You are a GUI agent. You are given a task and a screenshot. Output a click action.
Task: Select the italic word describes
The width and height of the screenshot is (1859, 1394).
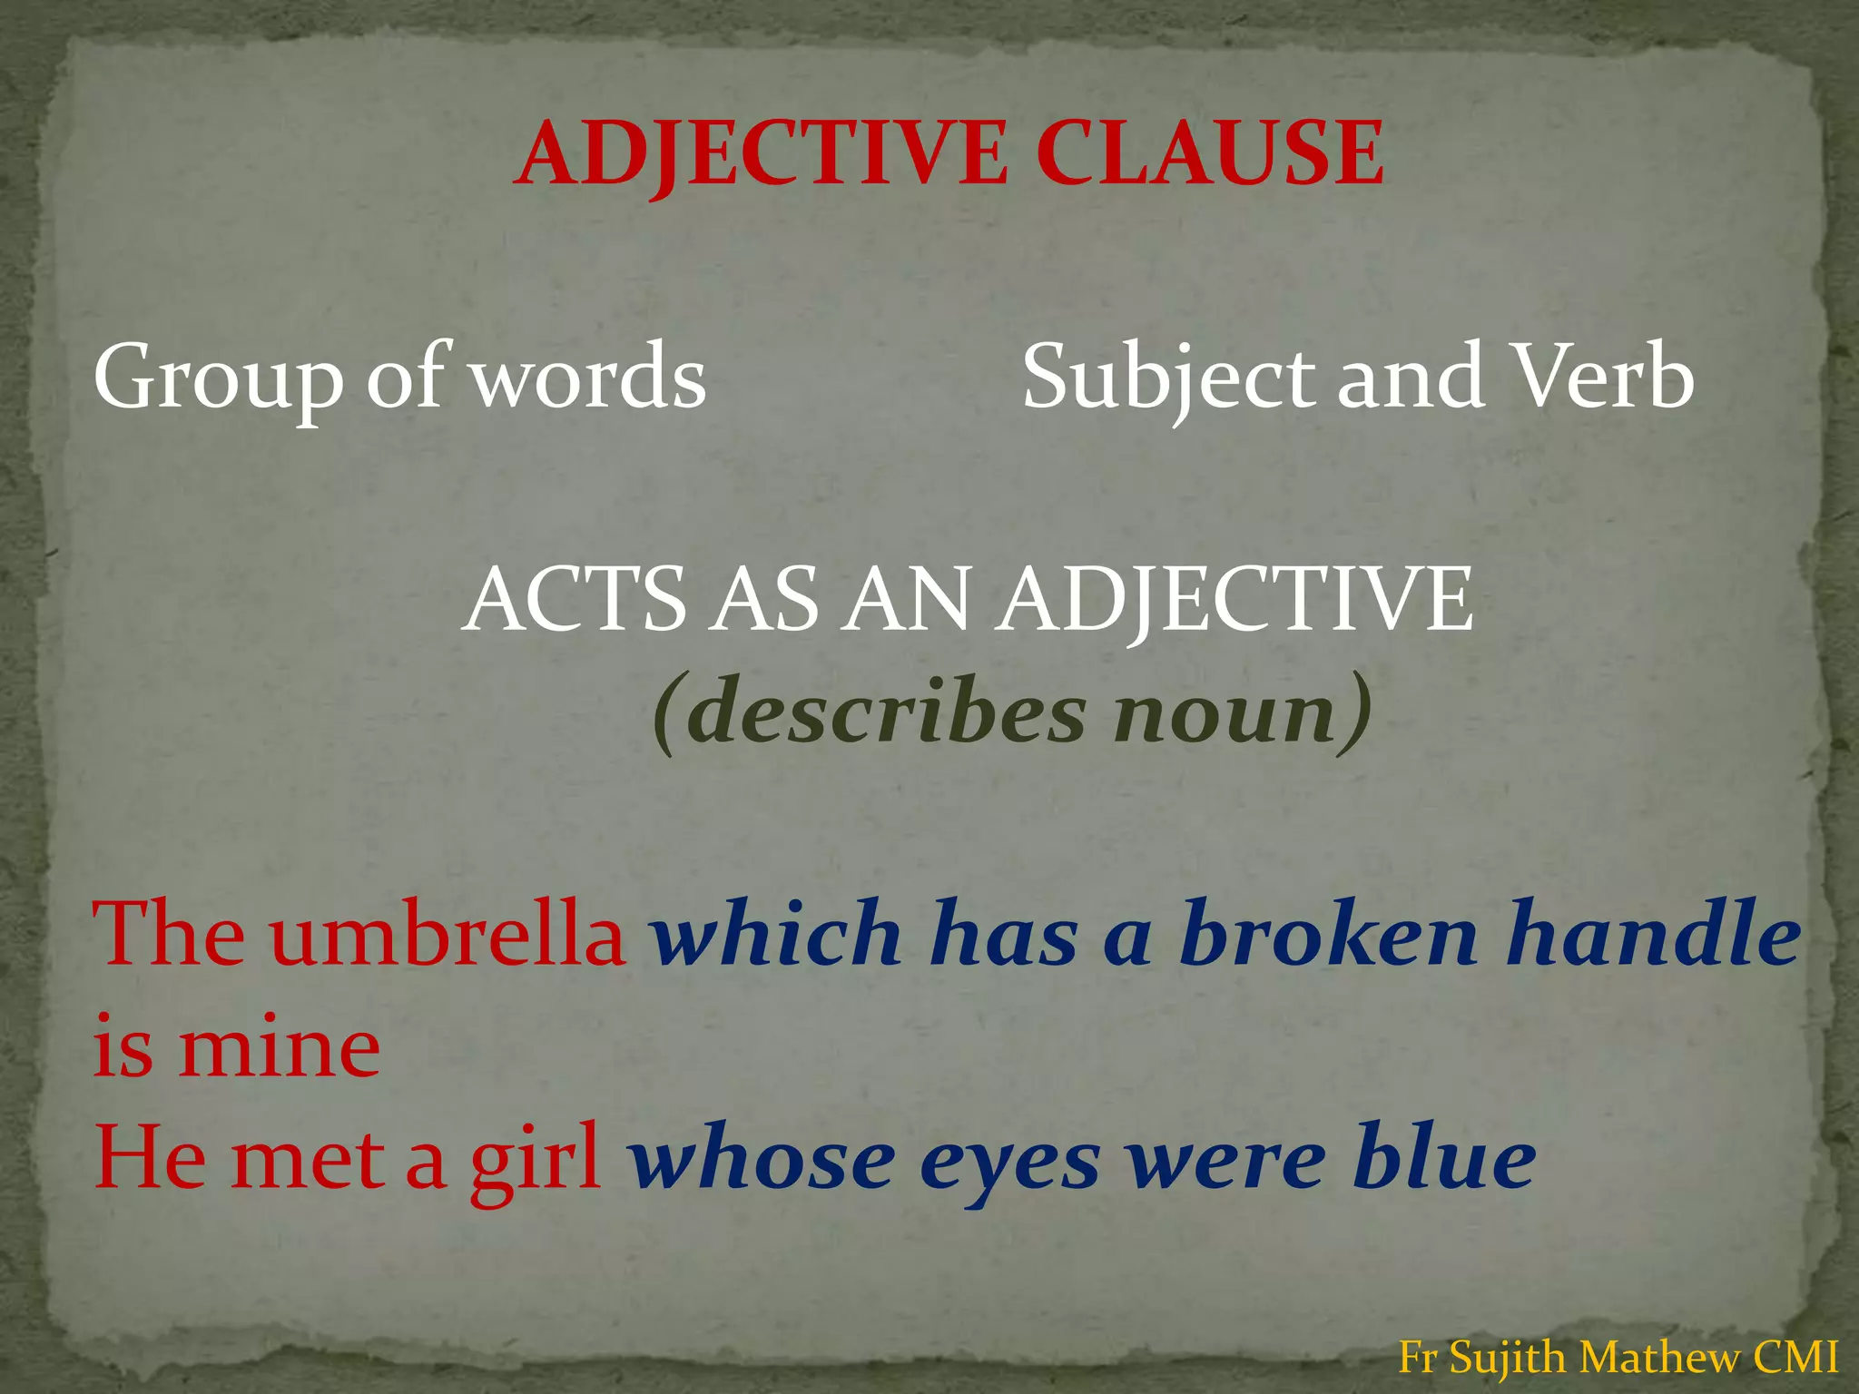pos(885,712)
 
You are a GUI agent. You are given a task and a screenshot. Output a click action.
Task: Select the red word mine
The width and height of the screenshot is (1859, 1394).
pos(280,1048)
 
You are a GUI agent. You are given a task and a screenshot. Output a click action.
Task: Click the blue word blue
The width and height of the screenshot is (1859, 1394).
pos(1443,1160)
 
